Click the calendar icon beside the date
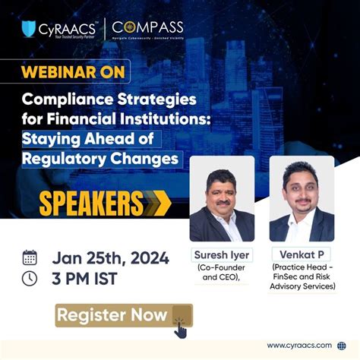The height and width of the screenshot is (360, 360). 30,257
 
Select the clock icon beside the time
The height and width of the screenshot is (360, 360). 30,278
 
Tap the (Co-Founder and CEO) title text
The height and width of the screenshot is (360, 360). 220,273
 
